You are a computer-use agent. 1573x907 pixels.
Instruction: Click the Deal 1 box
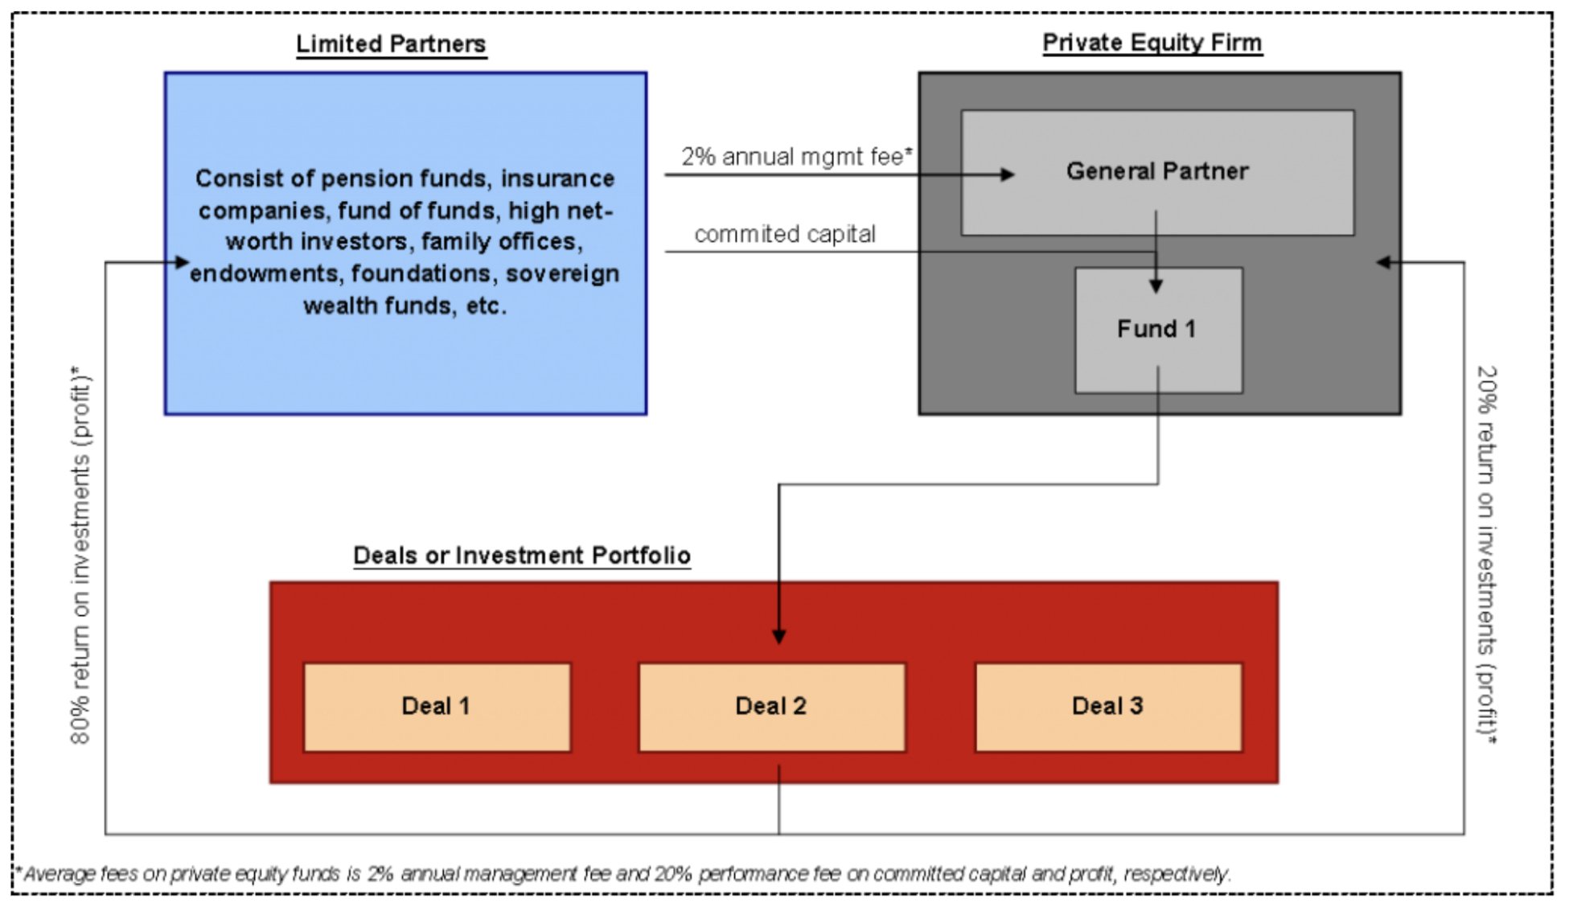point(437,707)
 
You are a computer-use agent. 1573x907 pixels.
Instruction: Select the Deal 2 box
point(771,707)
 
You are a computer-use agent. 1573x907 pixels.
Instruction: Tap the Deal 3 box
point(1107,707)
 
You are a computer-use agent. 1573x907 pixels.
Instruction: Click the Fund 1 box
point(1158,330)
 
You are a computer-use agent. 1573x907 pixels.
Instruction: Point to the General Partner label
point(1156,171)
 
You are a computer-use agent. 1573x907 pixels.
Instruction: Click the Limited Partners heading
point(391,44)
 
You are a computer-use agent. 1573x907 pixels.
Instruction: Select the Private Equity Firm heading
point(1152,43)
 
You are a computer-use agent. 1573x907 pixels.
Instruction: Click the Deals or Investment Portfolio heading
point(522,556)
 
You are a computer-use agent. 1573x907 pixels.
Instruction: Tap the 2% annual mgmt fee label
point(796,157)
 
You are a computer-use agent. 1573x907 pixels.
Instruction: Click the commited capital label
point(785,234)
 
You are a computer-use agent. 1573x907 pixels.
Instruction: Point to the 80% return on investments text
point(81,555)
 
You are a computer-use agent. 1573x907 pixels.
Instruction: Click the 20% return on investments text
point(1486,555)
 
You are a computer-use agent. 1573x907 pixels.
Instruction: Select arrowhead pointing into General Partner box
point(1007,174)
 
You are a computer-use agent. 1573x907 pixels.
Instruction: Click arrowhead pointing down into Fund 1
point(1156,285)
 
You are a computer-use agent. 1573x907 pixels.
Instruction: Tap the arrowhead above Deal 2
point(778,637)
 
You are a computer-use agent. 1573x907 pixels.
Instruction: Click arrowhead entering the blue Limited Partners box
point(182,262)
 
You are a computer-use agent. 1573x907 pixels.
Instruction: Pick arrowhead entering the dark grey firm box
point(1384,262)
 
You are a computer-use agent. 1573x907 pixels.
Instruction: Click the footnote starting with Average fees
point(623,874)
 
